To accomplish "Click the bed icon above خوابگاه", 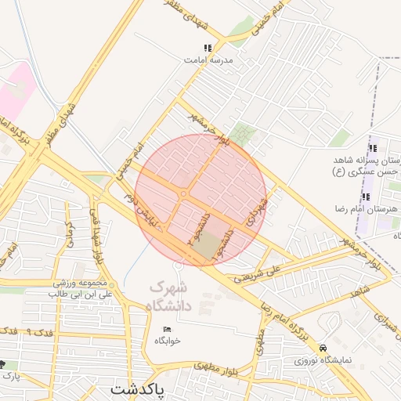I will [167, 329].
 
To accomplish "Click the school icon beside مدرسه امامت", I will [208, 48].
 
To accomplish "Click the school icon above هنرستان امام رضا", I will [365, 196].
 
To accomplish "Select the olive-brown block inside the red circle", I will [208, 247].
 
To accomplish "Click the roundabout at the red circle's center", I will [183, 193].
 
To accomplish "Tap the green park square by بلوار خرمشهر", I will [245, 134].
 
